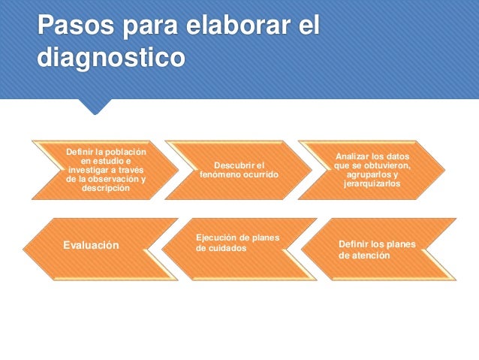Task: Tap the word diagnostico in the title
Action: (x=110, y=57)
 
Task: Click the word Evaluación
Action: (x=91, y=245)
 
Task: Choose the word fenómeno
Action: (x=218, y=174)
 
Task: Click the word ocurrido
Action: (x=258, y=174)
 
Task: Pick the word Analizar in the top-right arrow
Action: (x=354, y=156)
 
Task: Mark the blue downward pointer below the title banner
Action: (x=95, y=107)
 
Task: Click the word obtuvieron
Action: (x=387, y=165)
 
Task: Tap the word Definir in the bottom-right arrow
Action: (x=355, y=244)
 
